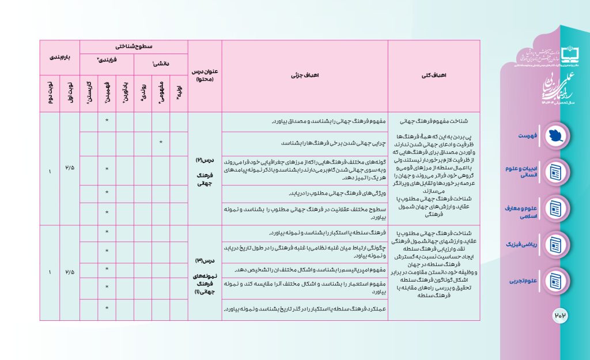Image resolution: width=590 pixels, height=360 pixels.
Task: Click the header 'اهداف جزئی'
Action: click(x=305, y=74)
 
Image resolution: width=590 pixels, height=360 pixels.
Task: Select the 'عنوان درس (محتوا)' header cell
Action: click(x=204, y=75)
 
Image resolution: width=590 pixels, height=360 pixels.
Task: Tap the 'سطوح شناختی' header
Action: click(x=134, y=46)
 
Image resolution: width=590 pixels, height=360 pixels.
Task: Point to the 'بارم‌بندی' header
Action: click(x=59, y=58)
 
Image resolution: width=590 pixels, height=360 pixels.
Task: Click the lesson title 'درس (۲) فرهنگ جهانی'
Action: click(x=204, y=168)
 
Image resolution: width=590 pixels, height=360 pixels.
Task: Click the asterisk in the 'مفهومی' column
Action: click(x=161, y=142)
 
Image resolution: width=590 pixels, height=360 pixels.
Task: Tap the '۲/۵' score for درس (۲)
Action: click(x=70, y=168)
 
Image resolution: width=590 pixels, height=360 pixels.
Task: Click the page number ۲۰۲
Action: click(x=561, y=314)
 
